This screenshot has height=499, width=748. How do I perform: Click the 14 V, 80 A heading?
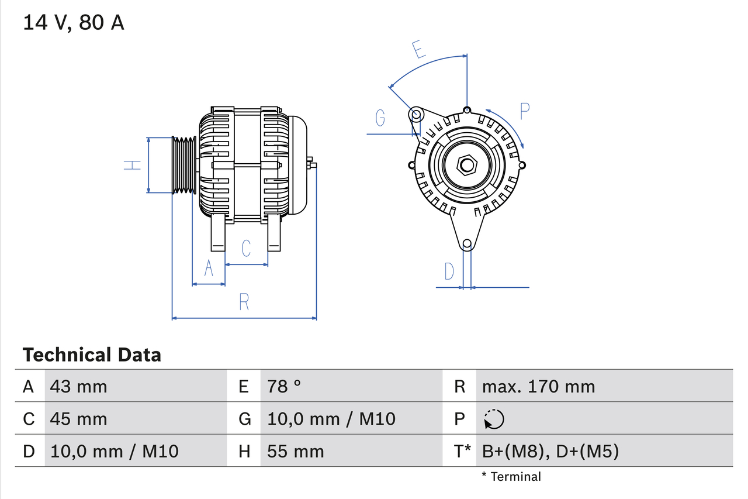74,23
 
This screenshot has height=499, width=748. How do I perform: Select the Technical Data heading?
92,355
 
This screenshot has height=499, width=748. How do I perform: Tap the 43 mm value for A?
78,386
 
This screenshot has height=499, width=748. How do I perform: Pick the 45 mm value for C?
78,419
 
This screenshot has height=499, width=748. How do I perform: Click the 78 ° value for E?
284,386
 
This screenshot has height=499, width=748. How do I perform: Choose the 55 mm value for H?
295,452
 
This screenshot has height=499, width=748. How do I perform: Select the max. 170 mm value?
538,386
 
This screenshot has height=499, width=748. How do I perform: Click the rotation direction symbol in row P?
494,419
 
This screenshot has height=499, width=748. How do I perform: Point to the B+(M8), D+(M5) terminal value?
550,452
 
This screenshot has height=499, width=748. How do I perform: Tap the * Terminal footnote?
511,477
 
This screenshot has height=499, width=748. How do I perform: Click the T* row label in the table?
463,452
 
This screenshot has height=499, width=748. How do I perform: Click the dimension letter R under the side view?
244,302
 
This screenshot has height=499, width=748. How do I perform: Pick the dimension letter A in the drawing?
209,269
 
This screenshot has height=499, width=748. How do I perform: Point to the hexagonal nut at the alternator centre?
466,164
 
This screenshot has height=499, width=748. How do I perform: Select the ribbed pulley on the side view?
183,165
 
